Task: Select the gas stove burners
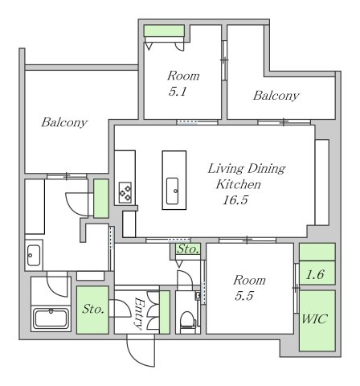tap(125, 192)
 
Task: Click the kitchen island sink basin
tap(172, 191)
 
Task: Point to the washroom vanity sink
tap(34, 255)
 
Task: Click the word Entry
tap(139, 313)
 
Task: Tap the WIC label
tap(314, 319)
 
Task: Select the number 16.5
tap(235, 200)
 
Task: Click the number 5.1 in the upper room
tap(178, 92)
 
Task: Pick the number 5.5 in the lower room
tap(244, 296)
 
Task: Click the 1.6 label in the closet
tap(315, 274)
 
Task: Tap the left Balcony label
tap(64, 122)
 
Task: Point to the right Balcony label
tap(276, 96)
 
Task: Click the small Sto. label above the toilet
tap(188, 249)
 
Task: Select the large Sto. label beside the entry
tap(92, 309)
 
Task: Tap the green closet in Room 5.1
tap(164, 31)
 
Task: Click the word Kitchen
tap(238, 184)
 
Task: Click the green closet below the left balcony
tap(101, 199)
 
